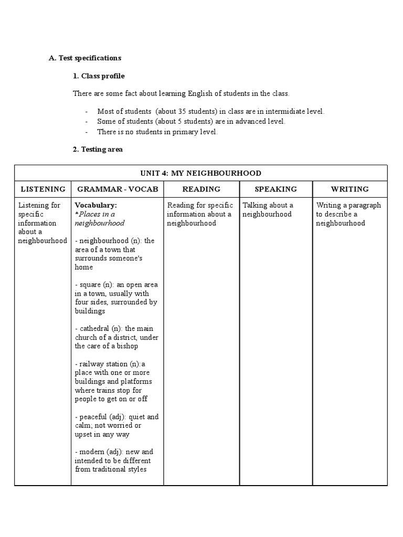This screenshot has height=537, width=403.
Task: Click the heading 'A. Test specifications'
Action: (x=85, y=58)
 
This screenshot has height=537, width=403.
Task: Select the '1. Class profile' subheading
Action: (x=99, y=76)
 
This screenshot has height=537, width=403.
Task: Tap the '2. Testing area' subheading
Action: (x=98, y=149)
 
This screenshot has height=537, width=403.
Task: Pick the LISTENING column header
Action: (x=43, y=189)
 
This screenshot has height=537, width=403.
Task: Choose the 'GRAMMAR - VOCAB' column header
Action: (x=117, y=189)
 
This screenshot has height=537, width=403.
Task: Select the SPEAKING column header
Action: (x=275, y=189)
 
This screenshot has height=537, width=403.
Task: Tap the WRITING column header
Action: (x=349, y=189)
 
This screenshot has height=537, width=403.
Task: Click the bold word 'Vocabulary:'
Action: (x=96, y=205)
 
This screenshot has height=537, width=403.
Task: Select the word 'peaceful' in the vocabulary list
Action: (x=92, y=416)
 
